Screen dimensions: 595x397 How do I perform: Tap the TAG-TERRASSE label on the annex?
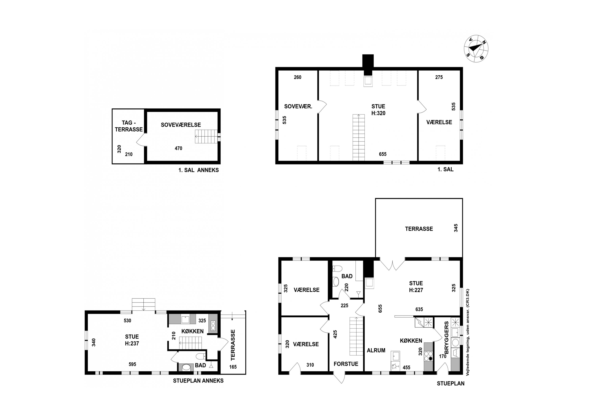pos(129,126)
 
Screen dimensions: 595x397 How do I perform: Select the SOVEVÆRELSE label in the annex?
pos(181,125)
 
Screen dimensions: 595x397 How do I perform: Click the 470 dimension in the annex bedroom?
pos(178,148)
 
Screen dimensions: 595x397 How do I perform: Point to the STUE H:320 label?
pos(378,110)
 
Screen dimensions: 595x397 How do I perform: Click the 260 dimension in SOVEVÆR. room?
pos(297,77)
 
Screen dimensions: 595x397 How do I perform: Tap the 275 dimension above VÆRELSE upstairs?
pos(439,77)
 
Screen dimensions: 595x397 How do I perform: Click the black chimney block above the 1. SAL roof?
pos(368,61)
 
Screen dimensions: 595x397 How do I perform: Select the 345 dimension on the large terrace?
pos(456,228)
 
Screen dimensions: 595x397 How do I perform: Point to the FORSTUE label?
pos(346,364)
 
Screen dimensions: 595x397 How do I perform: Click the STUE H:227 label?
pos(416,287)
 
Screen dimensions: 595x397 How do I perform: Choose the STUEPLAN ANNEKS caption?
pos(198,381)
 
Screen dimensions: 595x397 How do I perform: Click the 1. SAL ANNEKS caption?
pos(199,170)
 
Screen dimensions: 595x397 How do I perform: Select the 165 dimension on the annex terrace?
pos(233,367)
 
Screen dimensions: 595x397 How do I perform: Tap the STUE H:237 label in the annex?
pos(132,340)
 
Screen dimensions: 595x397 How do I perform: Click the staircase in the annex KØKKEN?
pos(190,343)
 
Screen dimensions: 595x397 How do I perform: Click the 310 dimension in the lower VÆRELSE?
pos(310,365)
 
